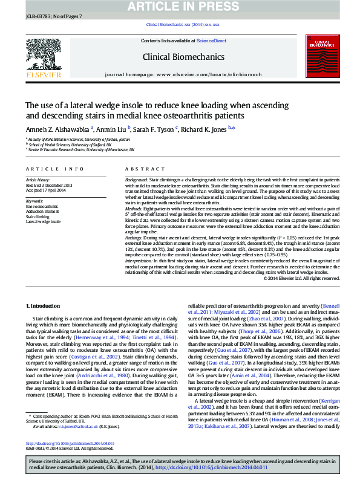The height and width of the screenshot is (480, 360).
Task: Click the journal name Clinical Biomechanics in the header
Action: coord(183,57)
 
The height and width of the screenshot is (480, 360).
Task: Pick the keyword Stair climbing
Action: coord(38,216)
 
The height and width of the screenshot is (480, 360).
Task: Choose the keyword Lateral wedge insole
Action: coord(43,221)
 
